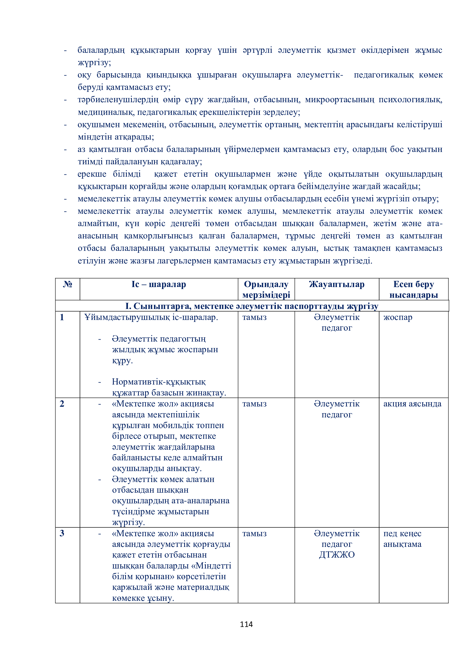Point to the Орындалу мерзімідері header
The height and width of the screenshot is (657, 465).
pyautogui.click(x=266, y=289)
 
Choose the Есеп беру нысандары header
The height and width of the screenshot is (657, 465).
pyautogui.click(x=414, y=289)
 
